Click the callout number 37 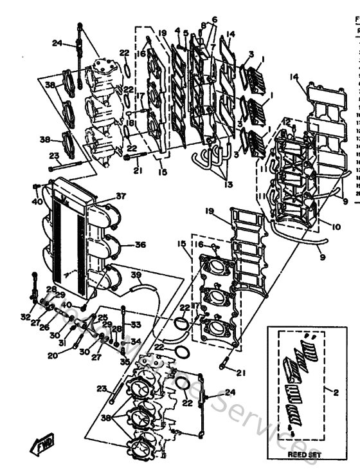tap(120, 196)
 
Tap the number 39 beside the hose tap(136, 275)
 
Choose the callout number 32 tap(25, 317)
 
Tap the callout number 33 tap(136, 324)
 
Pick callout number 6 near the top tap(214, 19)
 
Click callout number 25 tap(102, 318)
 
